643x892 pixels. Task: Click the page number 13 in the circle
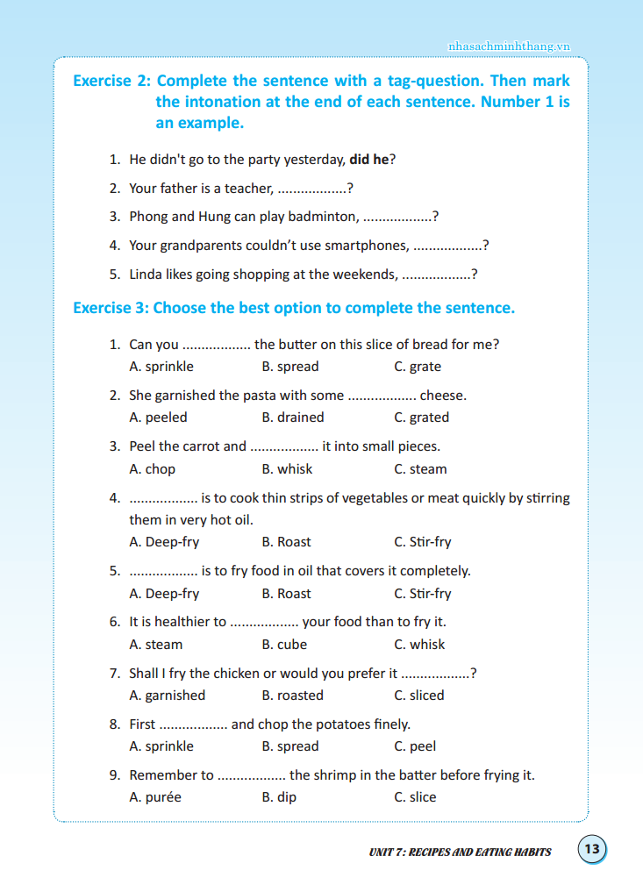592,849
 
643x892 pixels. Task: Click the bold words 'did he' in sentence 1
368,160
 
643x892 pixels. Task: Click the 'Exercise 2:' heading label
111,81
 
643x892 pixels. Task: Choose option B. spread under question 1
290,367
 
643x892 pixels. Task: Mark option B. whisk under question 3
287,469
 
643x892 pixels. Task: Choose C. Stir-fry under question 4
423,542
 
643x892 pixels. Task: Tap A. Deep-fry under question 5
164,594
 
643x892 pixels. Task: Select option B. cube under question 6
284,645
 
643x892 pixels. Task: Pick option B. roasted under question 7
292,696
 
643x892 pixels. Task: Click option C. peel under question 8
415,746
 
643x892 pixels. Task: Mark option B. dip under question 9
279,797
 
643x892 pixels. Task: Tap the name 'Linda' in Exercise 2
146,275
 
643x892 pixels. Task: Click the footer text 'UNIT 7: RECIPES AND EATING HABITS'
460,851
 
